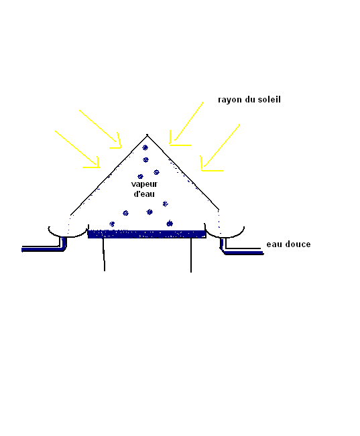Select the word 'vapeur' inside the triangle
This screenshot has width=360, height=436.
click(x=144, y=184)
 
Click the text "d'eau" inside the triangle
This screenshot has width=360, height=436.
click(x=144, y=194)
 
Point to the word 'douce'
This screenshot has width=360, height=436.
click(x=298, y=244)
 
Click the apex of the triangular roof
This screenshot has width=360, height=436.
click(x=147, y=135)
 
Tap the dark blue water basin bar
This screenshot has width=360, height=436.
click(x=147, y=234)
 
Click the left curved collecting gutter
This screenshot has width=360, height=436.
click(x=68, y=233)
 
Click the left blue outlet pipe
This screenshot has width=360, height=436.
click(x=44, y=249)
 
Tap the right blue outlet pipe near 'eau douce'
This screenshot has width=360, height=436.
click(x=241, y=252)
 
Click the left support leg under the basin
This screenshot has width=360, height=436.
click(x=104, y=254)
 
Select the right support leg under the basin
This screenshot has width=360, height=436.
click(x=191, y=255)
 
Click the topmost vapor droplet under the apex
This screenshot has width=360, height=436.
click(x=145, y=147)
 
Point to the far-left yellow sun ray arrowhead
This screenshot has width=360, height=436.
click(x=95, y=163)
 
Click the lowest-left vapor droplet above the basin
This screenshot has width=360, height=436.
click(x=112, y=224)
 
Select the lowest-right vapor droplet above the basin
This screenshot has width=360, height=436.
click(x=170, y=223)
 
